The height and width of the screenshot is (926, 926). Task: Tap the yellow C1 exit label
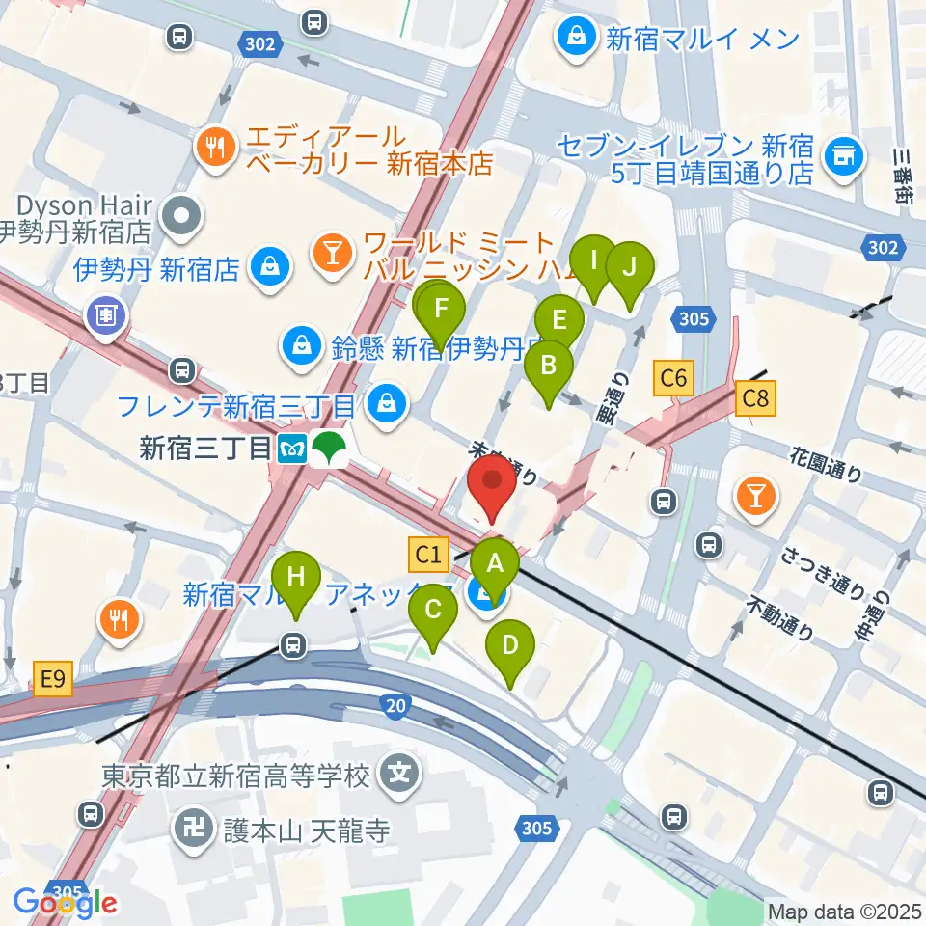(x=429, y=554)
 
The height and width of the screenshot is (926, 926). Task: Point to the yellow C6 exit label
(x=672, y=378)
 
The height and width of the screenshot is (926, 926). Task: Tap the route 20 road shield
(x=395, y=708)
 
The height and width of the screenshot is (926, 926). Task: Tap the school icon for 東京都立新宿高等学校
(x=397, y=772)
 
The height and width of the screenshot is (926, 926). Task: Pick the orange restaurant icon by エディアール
(x=212, y=148)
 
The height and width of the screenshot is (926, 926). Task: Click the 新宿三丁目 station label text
(x=205, y=449)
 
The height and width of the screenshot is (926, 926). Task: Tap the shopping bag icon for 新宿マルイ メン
(x=576, y=40)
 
